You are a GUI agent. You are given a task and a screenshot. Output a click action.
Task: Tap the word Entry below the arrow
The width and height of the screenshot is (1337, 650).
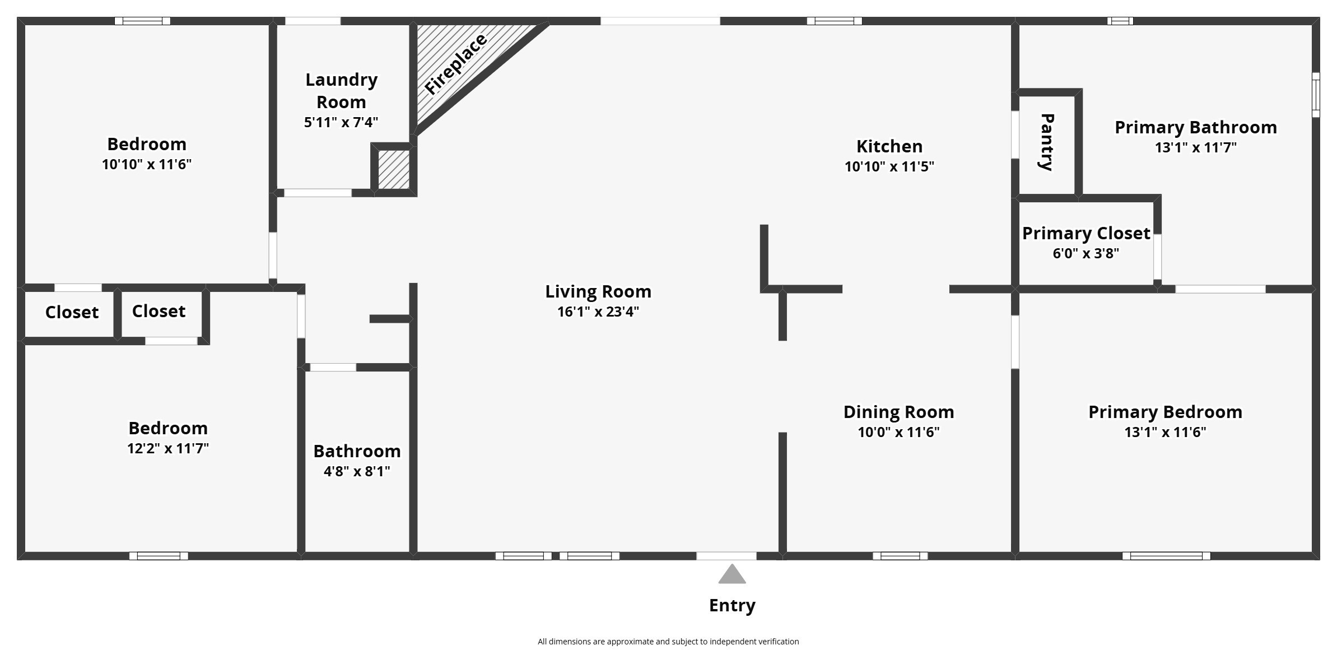tap(732, 605)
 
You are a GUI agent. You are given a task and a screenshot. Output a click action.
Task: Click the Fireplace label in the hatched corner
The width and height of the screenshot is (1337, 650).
tap(455, 64)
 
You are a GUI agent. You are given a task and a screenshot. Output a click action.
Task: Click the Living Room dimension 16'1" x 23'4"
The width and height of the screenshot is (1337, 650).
tap(598, 312)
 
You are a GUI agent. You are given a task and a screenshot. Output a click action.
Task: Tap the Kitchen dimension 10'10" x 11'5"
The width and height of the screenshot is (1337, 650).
tap(889, 166)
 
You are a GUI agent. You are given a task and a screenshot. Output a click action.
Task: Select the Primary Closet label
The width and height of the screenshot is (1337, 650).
tap(1086, 233)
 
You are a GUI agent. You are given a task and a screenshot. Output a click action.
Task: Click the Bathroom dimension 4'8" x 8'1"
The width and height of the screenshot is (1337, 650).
tap(356, 471)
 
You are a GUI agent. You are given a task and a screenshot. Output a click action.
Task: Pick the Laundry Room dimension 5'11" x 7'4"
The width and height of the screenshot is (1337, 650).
tap(341, 122)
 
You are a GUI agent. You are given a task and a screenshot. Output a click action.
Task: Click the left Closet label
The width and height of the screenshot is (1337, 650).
tap(72, 312)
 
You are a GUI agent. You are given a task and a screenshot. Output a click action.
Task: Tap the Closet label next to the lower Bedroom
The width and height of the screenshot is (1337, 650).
tap(159, 311)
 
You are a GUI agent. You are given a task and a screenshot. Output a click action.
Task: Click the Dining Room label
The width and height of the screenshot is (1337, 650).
tap(898, 412)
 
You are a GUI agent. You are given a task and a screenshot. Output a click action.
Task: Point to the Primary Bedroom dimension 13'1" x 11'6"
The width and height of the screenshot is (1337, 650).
tap(1164, 432)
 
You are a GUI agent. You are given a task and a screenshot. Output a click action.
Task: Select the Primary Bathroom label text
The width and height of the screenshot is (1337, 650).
tap(1195, 127)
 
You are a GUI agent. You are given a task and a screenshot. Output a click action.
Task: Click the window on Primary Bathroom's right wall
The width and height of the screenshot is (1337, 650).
tap(1316, 95)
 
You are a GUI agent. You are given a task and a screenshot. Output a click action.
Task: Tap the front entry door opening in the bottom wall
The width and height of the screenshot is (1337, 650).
tap(726, 556)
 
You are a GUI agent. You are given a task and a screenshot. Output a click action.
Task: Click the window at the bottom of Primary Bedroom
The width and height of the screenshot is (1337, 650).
tap(1166, 556)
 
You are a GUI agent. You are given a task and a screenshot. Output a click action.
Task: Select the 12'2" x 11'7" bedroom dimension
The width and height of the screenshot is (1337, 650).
tap(167, 448)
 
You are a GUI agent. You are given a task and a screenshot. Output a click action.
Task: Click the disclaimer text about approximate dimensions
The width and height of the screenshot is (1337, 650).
tap(668, 642)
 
